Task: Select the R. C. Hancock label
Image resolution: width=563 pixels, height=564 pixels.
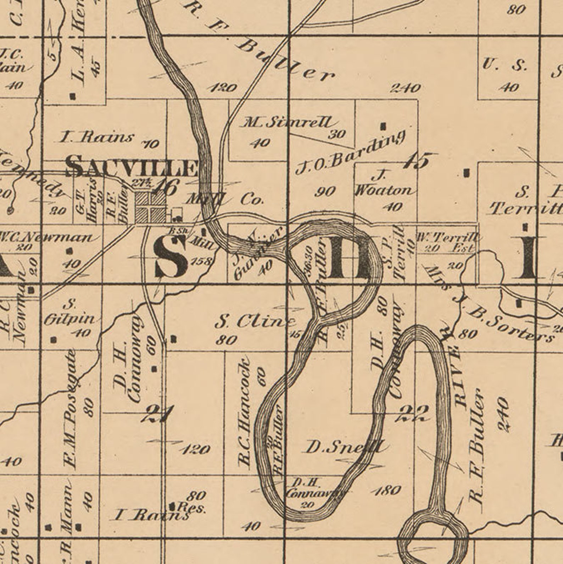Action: pyautogui.click(x=245, y=413)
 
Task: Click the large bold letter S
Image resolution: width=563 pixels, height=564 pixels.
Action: pyautogui.click(x=171, y=256)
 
